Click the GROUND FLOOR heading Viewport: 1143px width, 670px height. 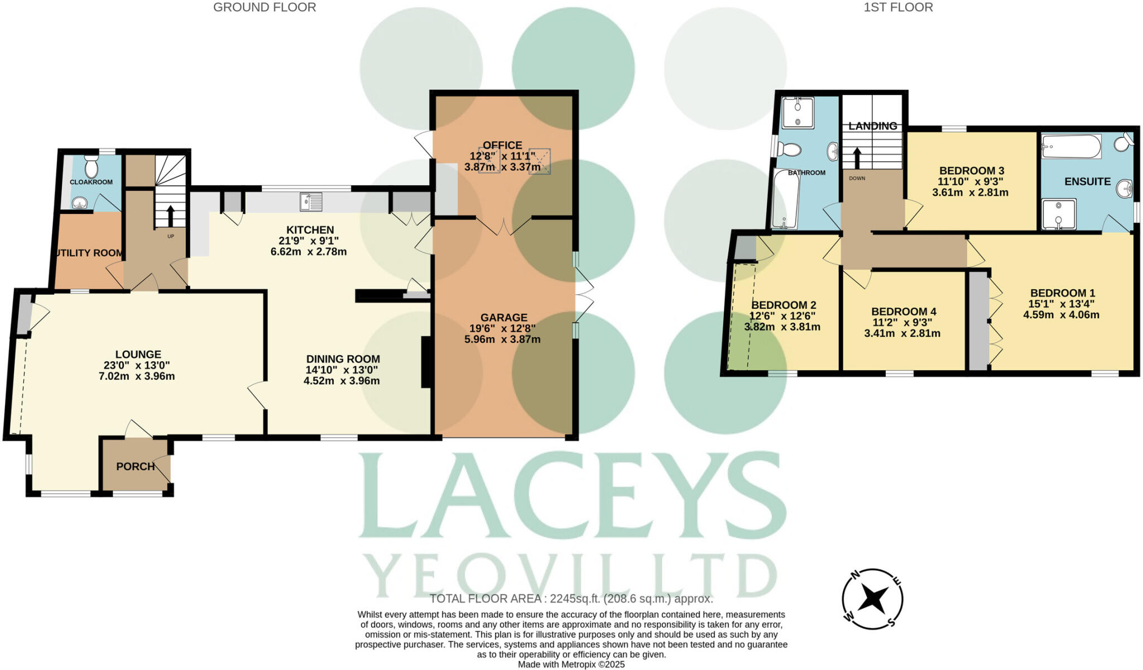tap(265, 7)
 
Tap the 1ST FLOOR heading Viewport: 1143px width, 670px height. tap(898, 7)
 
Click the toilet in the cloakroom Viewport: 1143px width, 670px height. tap(91, 166)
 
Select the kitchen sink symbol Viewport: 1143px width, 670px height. tap(311, 202)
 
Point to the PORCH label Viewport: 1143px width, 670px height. tap(135, 466)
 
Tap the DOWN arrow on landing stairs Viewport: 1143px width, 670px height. tap(857, 157)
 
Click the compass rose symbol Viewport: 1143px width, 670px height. tap(872, 599)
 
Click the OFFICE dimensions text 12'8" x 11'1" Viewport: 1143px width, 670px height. tap(503, 156)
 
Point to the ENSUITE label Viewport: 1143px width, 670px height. tap(1087, 181)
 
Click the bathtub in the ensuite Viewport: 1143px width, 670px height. tap(1070, 147)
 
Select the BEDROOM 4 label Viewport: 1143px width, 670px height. tap(904, 312)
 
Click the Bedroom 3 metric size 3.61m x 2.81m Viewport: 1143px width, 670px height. tap(970, 193)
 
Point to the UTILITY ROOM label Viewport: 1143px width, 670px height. tap(88, 253)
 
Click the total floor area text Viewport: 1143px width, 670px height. tap(571, 599)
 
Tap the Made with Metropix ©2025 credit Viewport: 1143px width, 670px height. tap(571, 664)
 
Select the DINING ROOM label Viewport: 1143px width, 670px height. tap(343, 359)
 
